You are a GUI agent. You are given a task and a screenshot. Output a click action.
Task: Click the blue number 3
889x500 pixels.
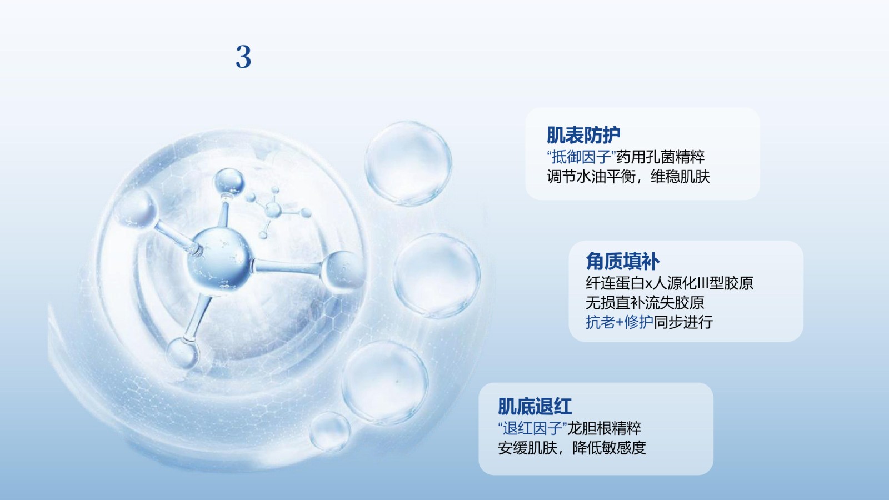tap(243, 57)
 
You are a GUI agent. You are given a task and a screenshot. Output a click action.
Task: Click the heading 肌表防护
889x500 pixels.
tap(583, 135)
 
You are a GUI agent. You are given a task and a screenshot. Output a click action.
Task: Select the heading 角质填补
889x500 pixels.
tap(622, 262)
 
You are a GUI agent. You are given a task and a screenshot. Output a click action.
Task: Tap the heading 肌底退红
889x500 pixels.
tap(535, 406)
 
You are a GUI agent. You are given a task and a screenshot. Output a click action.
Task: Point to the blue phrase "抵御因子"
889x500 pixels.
tap(581, 157)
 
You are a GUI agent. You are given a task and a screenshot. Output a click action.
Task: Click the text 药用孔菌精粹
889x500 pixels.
tap(660, 157)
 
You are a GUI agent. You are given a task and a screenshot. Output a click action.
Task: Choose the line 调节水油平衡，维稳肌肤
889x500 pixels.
tap(628, 177)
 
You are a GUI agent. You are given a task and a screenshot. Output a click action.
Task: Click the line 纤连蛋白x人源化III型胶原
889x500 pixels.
tap(670, 283)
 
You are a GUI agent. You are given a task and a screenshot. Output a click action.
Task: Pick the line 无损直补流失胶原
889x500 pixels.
tap(645, 303)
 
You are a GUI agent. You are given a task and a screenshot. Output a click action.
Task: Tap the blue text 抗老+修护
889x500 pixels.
tap(620, 322)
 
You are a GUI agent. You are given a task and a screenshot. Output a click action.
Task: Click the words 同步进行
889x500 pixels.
tap(683, 322)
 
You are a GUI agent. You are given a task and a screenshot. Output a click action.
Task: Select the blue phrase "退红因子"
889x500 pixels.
tap(532, 428)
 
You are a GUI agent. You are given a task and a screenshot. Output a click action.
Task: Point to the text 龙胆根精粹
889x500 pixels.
tap(604, 428)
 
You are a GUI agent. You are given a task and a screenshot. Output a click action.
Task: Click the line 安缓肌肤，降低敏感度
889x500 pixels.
tap(572, 448)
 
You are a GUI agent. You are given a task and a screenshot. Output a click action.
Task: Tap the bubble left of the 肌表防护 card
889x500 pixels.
tap(408, 163)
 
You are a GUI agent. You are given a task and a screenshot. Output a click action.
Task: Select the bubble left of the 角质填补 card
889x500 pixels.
tap(437, 276)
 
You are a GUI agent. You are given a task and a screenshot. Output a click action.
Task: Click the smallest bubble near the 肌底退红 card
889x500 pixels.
tap(330, 432)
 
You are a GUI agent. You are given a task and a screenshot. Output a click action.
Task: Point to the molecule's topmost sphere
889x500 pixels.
tap(229, 182)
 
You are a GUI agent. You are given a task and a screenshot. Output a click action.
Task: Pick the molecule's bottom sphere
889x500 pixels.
tap(182, 353)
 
